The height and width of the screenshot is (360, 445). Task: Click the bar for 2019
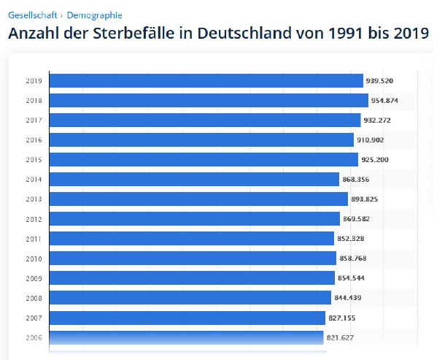pyautogui.click(x=206, y=80)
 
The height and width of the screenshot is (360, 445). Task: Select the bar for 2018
pyautogui.click(x=209, y=100)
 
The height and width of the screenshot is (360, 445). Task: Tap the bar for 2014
pyautogui.click(x=194, y=179)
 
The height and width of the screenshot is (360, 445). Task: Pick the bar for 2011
pyautogui.click(x=191, y=238)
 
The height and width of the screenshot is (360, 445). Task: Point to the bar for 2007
pyautogui.click(x=187, y=318)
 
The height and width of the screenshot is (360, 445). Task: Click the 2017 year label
pyautogui.click(x=33, y=120)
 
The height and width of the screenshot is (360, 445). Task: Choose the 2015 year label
pyautogui.click(x=33, y=159)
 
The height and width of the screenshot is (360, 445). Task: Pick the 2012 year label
pyautogui.click(x=33, y=218)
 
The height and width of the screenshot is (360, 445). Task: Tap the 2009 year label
pyautogui.click(x=33, y=278)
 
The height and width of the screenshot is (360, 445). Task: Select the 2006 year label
pyautogui.click(x=33, y=337)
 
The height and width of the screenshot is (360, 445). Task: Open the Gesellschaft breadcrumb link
pyautogui.click(x=32, y=15)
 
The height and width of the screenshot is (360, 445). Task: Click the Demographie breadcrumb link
pyautogui.click(x=95, y=15)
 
